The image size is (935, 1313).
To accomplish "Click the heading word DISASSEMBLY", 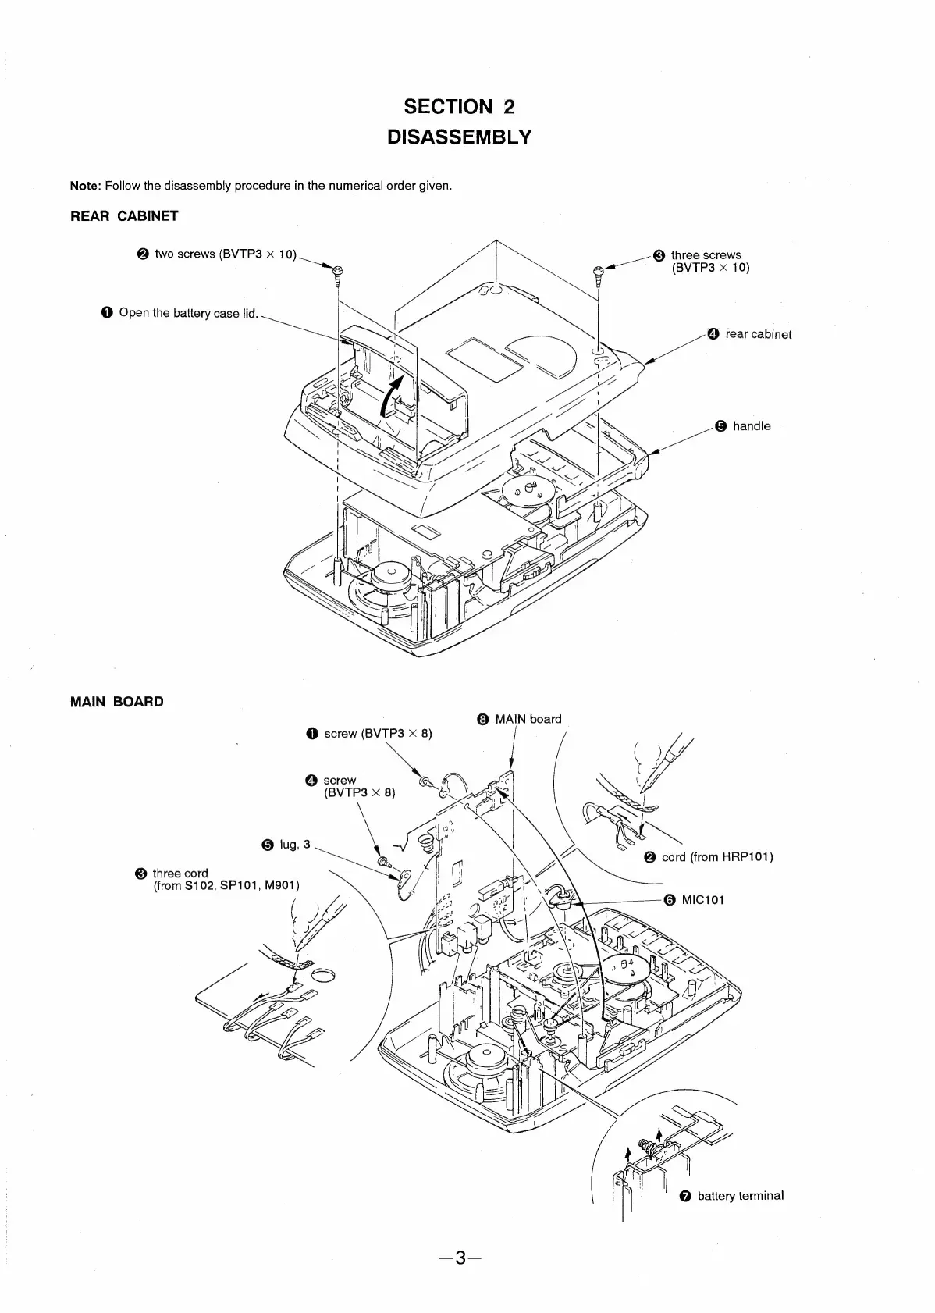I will pyautogui.click(x=460, y=137).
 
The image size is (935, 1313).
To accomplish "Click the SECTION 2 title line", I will pyautogui.click(x=460, y=106).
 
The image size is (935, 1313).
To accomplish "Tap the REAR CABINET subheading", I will pyautogui.click(x=124, y=216).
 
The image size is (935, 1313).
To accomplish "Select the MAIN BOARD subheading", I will pyautogui.click(x=117, y=701).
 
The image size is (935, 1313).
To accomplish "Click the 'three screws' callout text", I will pyautogui.click(x=706, y=255).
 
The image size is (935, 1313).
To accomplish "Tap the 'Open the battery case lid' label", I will pyautogui.click(x=187, y=313).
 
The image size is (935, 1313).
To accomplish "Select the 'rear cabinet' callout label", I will pyautogui.click(x=758, y=334).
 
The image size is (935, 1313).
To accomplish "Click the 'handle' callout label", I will pyautogui.click(x=751, y=426).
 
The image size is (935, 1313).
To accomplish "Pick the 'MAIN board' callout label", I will pyautogui.click(x=528, y=719).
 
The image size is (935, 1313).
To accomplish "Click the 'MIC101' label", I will pyautogui.click(x=702, y=899).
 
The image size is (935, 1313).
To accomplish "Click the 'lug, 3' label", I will pyautogui.click(x=295, y=844).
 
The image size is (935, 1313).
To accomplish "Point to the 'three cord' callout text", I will pyautogui.click(x=180, y=873).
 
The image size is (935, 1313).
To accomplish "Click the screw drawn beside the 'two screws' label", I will pyautogui.click(x=337, y=272).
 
